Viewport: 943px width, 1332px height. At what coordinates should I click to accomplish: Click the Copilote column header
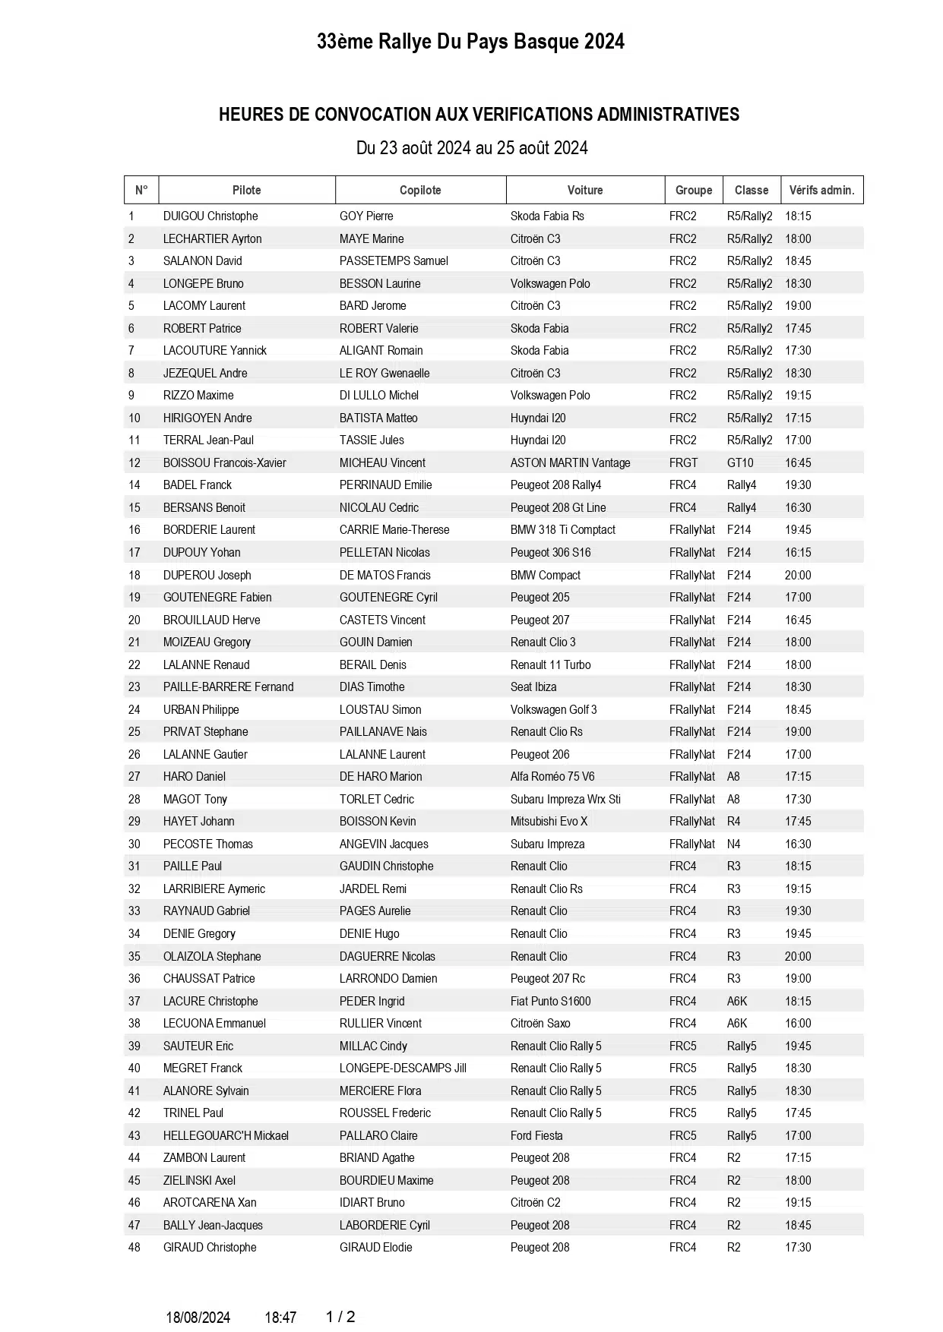tap(420, 190)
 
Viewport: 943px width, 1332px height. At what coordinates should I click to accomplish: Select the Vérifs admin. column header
tap(821, 190)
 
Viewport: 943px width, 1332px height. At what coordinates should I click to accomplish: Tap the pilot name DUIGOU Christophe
tap(210, 216)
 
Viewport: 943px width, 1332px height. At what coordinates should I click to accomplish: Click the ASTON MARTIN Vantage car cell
tap(570, 462)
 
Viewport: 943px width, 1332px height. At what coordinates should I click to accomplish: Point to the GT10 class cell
tap(740, 462)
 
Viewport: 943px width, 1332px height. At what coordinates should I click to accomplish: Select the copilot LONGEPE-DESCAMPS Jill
tap(403, 1068)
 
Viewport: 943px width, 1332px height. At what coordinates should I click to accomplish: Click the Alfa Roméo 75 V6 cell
tap(552, 776)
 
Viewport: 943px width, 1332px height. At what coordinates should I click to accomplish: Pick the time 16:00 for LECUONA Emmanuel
tap(798, 1023)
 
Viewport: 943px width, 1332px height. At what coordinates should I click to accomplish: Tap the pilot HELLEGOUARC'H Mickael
tap(226, 1135)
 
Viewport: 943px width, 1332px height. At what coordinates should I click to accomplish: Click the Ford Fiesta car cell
tap(536, 1135)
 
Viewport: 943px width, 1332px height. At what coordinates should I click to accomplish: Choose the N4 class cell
tap(733, 844)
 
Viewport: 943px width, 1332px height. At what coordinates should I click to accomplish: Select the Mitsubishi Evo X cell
tap(549, 821)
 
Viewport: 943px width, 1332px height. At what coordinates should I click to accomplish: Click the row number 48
tap(134, 1247)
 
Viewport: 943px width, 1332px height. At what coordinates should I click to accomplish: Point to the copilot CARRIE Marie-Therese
tap(394, 529)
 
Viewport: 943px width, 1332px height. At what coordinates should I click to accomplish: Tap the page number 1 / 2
tap(340, 1317)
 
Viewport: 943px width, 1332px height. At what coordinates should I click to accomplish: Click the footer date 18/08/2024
tap(198, 1318)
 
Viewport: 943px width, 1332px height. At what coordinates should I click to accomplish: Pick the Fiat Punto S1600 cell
tap(550, 1001)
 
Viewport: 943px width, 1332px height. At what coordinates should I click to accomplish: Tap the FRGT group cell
tap(683, 462)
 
